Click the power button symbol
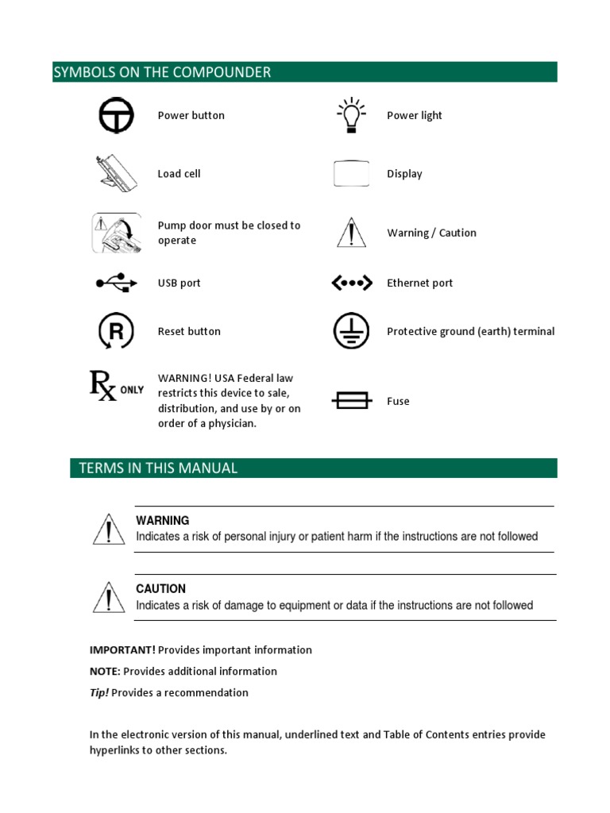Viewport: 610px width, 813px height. coord(116,116)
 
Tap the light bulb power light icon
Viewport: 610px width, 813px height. coord(350,116)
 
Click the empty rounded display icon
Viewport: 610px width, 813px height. coord(351,174)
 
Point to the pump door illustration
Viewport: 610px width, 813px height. coord(116,233)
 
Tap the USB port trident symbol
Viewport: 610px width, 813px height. coord(116,283)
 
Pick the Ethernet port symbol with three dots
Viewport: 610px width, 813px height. coord(351,283)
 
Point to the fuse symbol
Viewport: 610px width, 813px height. coord(351,401)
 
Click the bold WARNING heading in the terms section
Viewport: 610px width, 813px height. coord(162,521)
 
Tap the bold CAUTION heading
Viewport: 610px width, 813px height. coord(160,589)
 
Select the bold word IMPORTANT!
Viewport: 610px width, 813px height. coord(122,650)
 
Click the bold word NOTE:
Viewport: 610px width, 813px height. coord(105,672)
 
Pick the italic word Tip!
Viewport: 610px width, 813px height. coord(99,693)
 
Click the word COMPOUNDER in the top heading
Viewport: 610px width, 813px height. coord(227,72)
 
